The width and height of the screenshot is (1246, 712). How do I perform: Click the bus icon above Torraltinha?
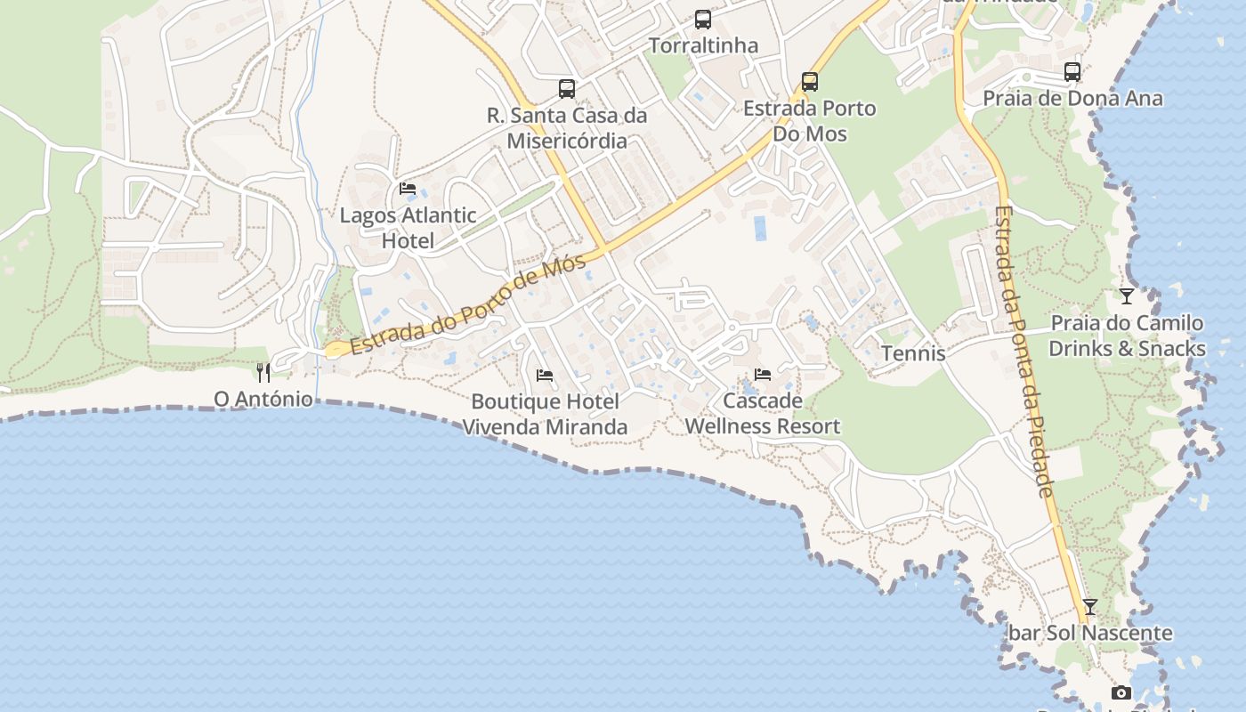[703, 19]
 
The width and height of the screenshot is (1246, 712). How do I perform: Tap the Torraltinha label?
[703, 45]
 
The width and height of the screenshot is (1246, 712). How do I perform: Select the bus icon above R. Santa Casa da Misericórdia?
[567, 88]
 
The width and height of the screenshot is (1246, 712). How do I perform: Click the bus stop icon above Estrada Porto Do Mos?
[810, 82]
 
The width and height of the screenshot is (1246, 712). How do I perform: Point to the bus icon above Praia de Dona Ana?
[1072, 72]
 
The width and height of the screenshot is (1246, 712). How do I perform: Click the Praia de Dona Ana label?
[1072, 98]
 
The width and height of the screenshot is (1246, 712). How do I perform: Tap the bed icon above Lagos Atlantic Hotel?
[408, 189]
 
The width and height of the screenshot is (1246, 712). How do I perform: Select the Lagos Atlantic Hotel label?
[409, 228]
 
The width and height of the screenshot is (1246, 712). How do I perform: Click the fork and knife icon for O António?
[263, 372]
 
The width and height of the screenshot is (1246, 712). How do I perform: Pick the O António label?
[263, 399]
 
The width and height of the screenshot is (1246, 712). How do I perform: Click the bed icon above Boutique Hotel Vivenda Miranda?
[545, 376]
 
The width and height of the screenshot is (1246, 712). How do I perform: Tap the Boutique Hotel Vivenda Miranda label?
[545, 415]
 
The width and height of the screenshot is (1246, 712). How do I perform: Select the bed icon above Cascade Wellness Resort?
[762, 375]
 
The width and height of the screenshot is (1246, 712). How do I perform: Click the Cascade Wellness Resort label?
[762, 414]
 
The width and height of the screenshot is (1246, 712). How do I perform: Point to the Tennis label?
[913, 353]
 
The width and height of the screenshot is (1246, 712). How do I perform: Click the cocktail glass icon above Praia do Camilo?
[1127, 296]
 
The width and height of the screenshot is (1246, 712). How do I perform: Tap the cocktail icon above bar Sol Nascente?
[1090, 607]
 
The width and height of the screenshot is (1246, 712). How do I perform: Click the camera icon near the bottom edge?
[1121, 692]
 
